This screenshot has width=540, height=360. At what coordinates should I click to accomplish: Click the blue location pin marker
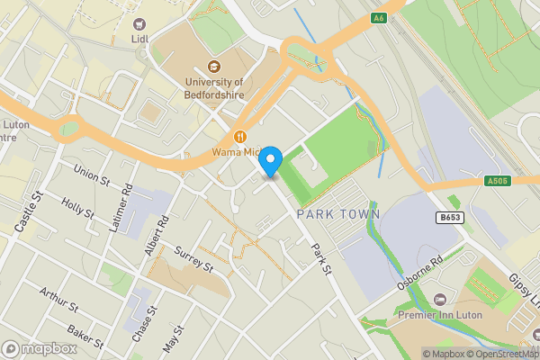click(x=271, y=162)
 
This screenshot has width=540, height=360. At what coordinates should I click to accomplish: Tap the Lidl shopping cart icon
click(x=139, y=24)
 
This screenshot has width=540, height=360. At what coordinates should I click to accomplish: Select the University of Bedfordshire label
click(x=213, y=87)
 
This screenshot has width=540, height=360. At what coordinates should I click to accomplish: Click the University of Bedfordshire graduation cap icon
click(x=214, y=66)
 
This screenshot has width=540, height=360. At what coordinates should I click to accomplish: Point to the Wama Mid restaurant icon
click(x=240, y=137)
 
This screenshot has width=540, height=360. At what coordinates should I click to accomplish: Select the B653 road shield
click(x=450, y=218)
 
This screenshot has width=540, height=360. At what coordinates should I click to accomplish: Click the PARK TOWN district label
click(x=338, y=213)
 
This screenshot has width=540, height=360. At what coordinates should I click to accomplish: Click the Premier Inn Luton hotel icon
click(x=440, y=298)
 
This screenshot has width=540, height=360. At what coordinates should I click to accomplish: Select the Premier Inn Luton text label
click(x=440, y=315)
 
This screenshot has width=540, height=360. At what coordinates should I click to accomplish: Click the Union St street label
click(x=92, y=170)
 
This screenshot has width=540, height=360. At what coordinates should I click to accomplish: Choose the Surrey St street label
click(x=193, y=259)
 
